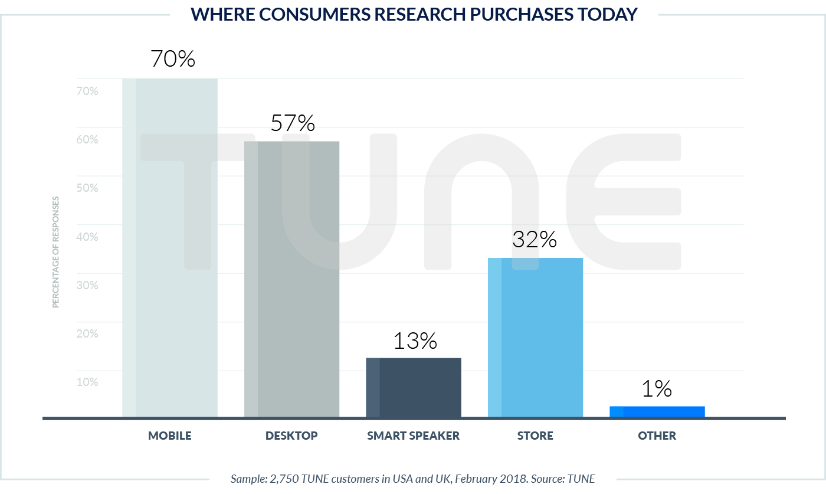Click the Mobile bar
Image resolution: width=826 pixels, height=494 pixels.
[x=170, y=248]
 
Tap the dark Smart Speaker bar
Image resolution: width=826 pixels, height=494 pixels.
[x=414, y=388]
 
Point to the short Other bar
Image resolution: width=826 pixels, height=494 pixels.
[x=657, y=411]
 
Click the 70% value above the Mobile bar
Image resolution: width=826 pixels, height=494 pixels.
[x=173, y=59]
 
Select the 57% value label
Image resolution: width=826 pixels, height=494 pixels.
[x=293, y=123]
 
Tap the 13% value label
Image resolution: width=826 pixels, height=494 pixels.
[x=414, y=341]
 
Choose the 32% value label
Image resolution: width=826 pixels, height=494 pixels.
[x=535, y=239]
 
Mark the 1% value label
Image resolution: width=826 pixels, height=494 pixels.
[x=657, y=388]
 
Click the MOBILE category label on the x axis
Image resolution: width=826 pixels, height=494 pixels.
[x=170, y=436]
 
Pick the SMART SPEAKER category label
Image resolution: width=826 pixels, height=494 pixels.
[x=413, y=436]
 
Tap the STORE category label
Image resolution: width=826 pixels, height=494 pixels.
[x=535, y=436]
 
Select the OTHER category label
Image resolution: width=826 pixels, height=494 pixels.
[x=657, y=436]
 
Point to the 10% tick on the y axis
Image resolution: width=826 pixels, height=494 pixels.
[x=87, y=382]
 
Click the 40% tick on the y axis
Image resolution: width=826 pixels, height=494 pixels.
[x=87, y=237]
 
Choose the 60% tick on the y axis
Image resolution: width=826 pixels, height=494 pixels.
[x=87, y=140]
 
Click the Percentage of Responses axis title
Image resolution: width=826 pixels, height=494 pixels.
[x=56, y=252]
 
